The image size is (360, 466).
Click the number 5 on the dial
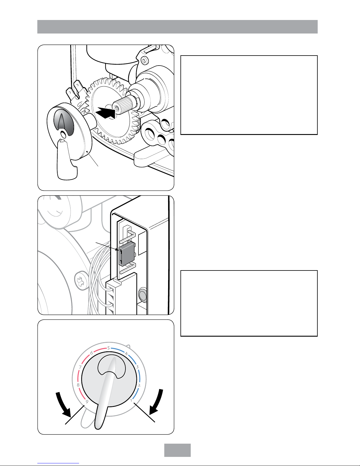point(109,348)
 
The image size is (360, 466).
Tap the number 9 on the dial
point(87,402)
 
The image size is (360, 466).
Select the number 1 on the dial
point(131,400)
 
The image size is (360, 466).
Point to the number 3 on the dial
point(137,367)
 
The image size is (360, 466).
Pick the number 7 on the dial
point(80,367)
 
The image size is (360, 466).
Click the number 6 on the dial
point(91,353)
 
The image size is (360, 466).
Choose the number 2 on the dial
point(139,385)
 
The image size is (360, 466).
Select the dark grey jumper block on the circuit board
point(126,254)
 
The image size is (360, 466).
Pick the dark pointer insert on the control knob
point(64,123)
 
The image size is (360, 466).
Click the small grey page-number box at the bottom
point(178,450)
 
